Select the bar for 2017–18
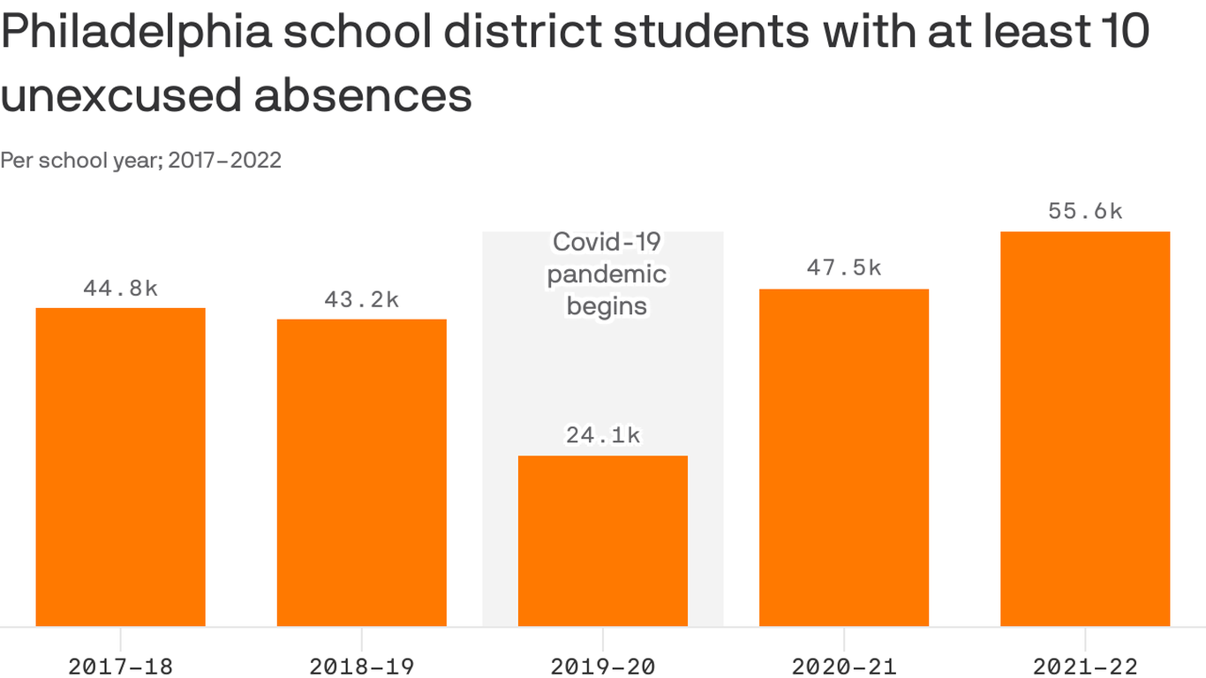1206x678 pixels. [120, 467]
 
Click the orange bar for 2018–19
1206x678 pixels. [361, 472]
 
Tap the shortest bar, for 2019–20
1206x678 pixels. [602, 540]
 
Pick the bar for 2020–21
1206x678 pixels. [844, 457]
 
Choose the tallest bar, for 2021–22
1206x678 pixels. [1085, 429]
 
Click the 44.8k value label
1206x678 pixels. [120, 289]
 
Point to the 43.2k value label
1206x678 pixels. [361, 300]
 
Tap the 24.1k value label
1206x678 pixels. [602, 435]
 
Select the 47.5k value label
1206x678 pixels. [844, 268]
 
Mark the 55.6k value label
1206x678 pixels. [1085, 211]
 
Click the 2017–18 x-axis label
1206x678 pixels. [120, 667]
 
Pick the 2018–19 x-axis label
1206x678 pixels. [361, 667]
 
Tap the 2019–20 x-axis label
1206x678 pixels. [602, 667]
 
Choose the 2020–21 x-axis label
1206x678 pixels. [844, 667]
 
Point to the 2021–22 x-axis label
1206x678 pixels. [1085, 667]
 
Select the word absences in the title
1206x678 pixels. [363, 95]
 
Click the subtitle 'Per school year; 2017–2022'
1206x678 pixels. [141, 160]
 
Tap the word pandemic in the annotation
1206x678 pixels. [607, 275]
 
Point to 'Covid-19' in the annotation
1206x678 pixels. [607, 242]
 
